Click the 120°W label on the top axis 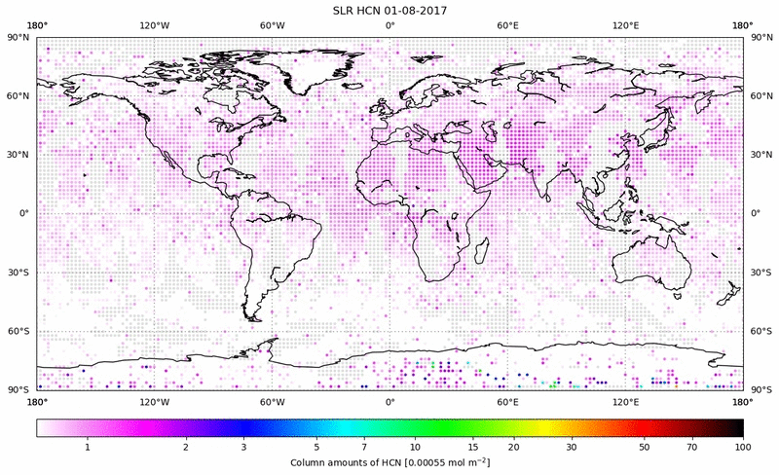pos(154,25)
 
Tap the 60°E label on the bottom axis pos(507,401)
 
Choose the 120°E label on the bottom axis pos(625,401)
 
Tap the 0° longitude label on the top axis pos(389,25)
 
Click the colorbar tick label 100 pos(743,446)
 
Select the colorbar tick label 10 pos(416,446)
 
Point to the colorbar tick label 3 pos(244,446)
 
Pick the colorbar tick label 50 pos(644,446)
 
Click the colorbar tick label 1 pos(88,446)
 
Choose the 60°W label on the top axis pos(272,25)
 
